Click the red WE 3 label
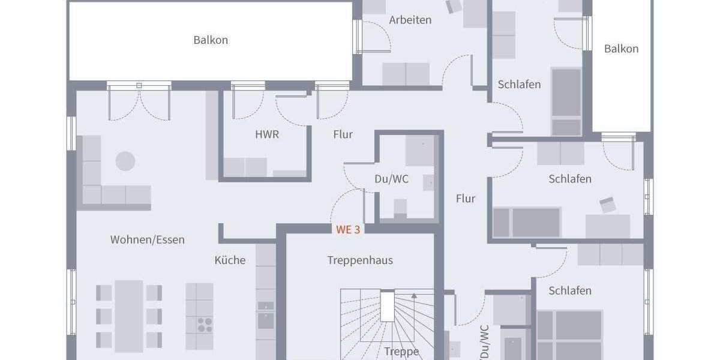point(348,229)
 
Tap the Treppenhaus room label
point(360,260)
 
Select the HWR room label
point(267,134)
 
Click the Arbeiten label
point(410,20)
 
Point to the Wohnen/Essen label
point(148,239)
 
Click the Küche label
point(230,260)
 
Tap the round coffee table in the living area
point(125,161)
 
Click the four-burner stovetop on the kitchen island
point(205,324)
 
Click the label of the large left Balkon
point(211,40)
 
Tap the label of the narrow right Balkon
point(621,49)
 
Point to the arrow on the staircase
point(413,296)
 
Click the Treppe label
point(401,352)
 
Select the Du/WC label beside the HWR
point(391,179)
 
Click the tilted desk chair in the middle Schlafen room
point(607,205)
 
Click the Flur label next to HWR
point(343,134)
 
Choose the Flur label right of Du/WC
point(465,199)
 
